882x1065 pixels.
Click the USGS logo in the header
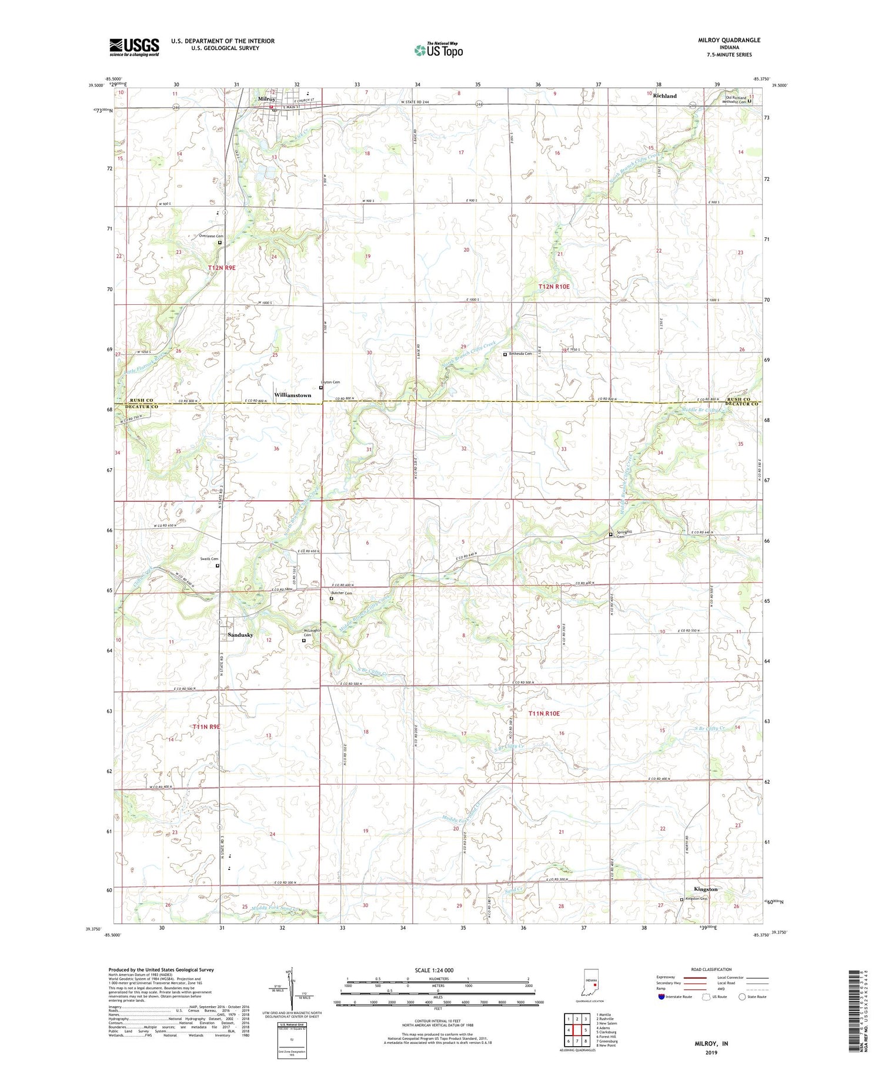click(134, 47)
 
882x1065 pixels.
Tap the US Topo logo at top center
click(438, 50)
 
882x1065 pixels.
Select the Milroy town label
click(267, 99)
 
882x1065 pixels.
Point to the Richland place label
click(665, 96)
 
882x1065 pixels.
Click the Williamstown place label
click(292, 395)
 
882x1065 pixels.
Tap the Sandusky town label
click(240, 635)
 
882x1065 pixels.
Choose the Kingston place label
click(706, 889)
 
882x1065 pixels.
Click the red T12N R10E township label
click(554, 286)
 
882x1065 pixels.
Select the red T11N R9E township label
click(206, 727)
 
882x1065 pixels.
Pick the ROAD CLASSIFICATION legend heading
click(711, 969)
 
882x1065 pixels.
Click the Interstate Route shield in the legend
click(661, 997)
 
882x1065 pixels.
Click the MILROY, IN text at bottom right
click(712, 1043)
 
